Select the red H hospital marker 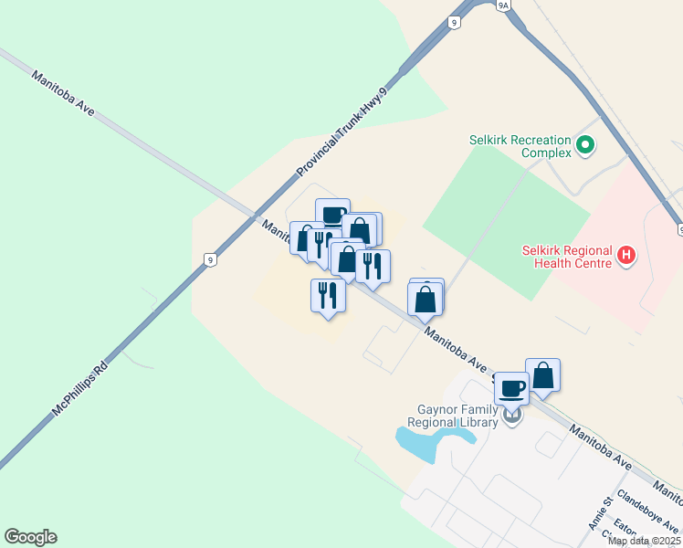tap(625, 255)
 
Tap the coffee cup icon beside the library tap(511, 390)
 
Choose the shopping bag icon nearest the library tap(543, 375)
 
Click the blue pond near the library tap(429, 443)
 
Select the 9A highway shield tap(503, 5)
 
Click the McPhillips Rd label tap(80, 387)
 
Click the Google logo tap(30, 537)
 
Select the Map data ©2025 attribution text tap(644, 541)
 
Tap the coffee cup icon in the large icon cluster tap(333, 216)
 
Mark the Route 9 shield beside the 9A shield tap(454, 21)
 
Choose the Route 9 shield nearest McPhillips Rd tap(211, 260)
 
